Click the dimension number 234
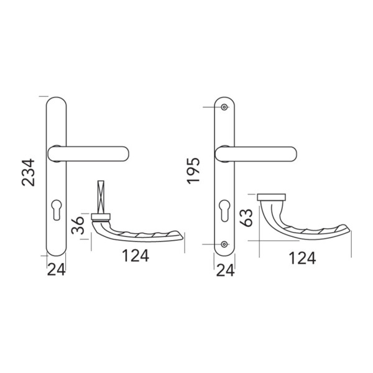click(x=29, y=172)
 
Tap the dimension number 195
click(x=193, y=171)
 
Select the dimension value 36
click(x=78, y=226)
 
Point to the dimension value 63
click(x=246, y=218)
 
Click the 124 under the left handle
click(x=136, y=256)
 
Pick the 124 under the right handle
click(x=302, y=258)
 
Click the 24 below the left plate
click(x=56, y=270)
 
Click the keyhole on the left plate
click(x=57, y=210)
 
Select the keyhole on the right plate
click(x=224, y=211)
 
